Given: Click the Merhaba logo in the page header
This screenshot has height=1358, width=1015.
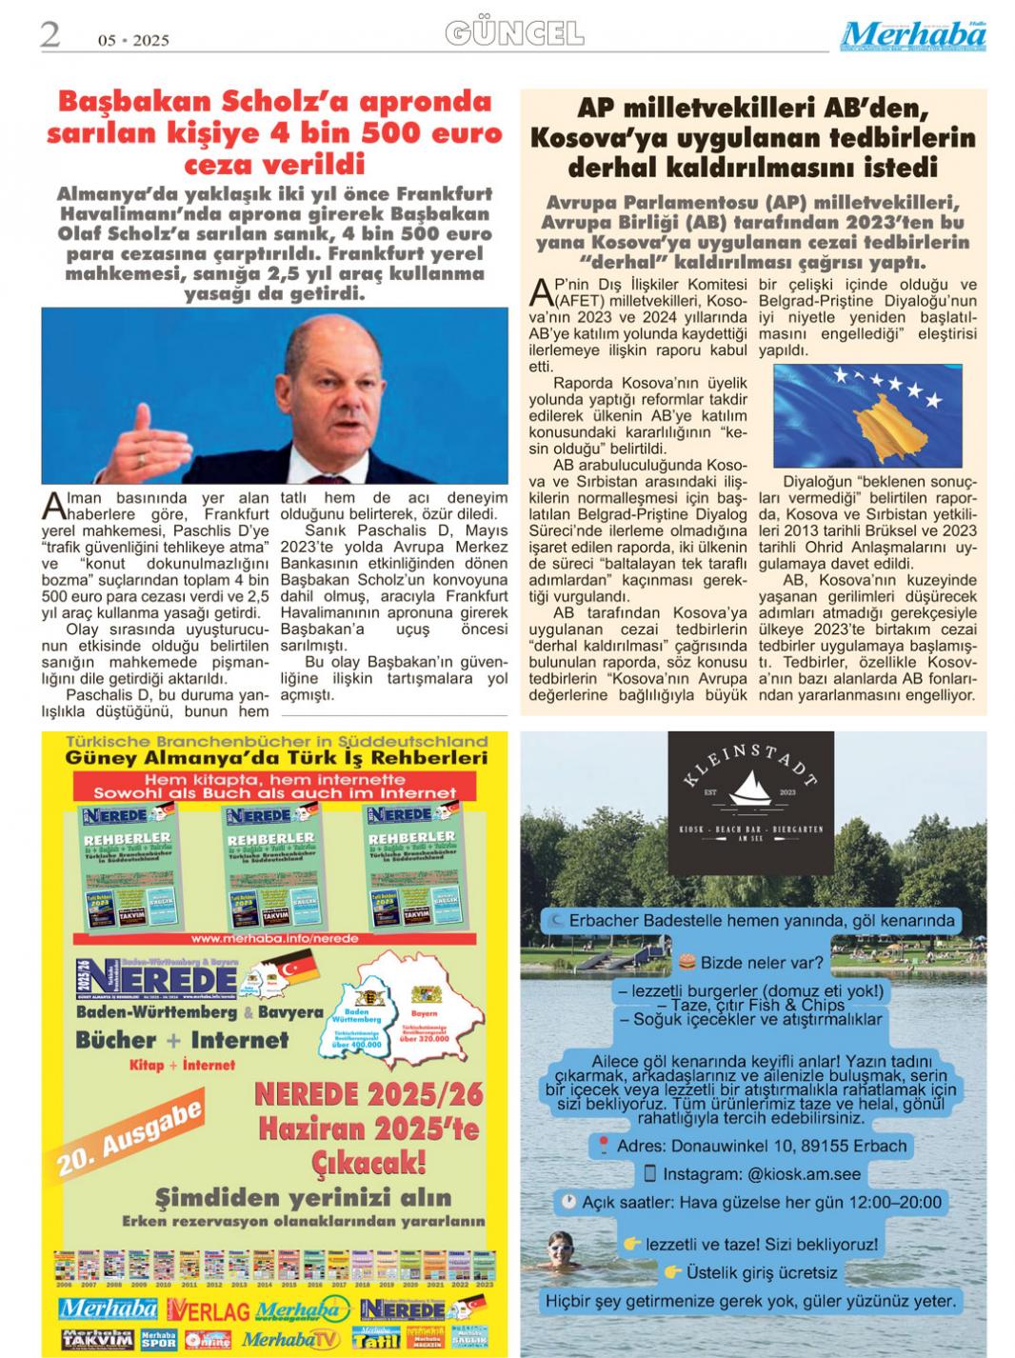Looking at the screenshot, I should coord(912,35).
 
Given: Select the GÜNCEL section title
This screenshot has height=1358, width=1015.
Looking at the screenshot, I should coord(514,34).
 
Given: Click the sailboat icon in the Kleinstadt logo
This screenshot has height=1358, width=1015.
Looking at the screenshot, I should coord(751,791).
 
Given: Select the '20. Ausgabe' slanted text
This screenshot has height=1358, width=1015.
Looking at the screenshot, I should coord(129,1137).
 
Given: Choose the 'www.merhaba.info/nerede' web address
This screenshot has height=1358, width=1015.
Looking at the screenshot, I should coord(274,938).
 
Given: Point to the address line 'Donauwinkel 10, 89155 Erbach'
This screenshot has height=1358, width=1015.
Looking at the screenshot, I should coord(762,1146).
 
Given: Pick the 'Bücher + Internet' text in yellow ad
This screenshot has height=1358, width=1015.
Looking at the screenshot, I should coord(182,1040).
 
